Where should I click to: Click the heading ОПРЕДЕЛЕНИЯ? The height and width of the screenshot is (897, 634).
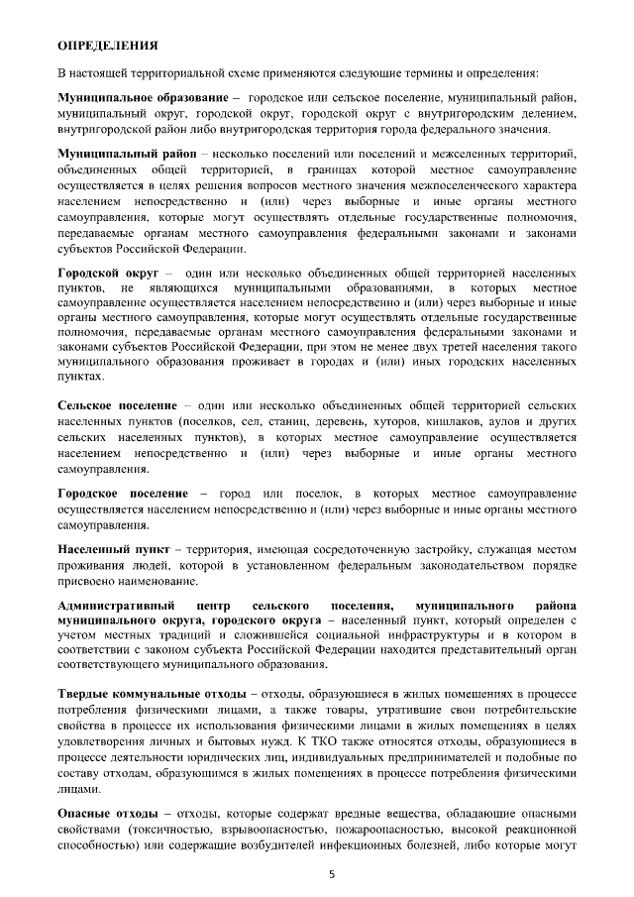tap(108, 46)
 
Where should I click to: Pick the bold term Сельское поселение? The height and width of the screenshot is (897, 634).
tap(117, 406)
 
